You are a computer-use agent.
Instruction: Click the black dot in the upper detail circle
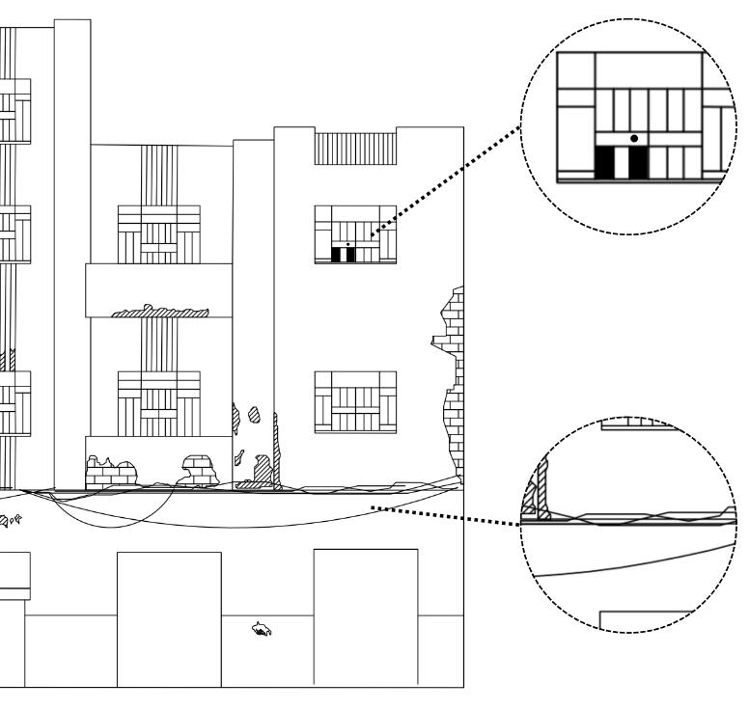click(634, 139)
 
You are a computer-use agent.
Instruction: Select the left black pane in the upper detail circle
click(605, 163)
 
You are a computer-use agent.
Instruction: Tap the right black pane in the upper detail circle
click(638, 163)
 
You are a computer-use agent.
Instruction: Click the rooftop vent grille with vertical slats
click(355, 148)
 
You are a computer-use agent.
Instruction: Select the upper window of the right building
click(355, 233)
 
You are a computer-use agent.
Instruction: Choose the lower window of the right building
click(355, 401)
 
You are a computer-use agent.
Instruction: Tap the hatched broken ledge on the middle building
click(160, 311)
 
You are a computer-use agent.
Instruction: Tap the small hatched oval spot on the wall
click(254, 416)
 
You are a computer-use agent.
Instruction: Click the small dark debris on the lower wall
click(261, 630)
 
